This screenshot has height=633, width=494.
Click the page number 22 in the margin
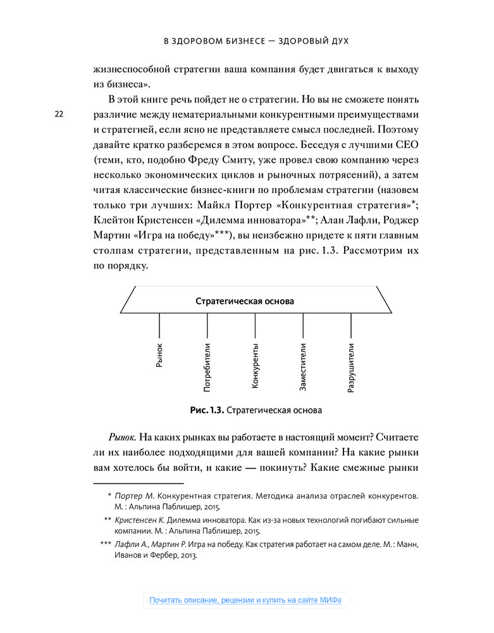click(x=59, y=115)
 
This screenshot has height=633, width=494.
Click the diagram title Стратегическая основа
click(x=244, y=301)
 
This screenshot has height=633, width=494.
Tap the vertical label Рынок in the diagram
click(x=159, y=355)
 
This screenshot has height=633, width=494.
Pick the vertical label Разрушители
click(x=351, y=367)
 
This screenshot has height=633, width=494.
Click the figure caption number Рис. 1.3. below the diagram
click(x=207, y=410)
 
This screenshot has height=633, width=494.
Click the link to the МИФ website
click(x=245, y=600)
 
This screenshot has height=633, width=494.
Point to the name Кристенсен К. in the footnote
click(x=139, y=520)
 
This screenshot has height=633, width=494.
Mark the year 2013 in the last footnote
click(x=187, y=556)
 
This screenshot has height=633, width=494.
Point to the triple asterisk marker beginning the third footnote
click(x=105, y=544)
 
